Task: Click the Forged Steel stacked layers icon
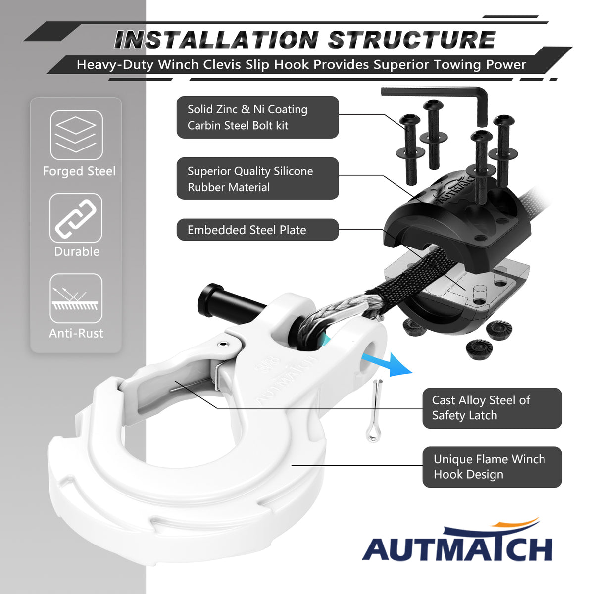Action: [76, 135]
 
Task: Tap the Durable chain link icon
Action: [76, 218]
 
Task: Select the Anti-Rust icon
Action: [76, 298]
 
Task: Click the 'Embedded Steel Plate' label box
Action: [258, 230]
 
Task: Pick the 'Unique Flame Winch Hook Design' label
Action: [492, 467]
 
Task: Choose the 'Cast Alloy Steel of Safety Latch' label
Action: [492, 408]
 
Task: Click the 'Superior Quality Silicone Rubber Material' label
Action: [258, 179]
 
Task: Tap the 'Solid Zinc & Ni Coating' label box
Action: [258, 117]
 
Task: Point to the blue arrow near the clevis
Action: [387, 363]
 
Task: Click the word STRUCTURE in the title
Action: [411, 40]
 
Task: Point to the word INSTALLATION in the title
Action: [216, 40]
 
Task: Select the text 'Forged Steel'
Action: [79, 171]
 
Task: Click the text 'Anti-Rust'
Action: [76, 333]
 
